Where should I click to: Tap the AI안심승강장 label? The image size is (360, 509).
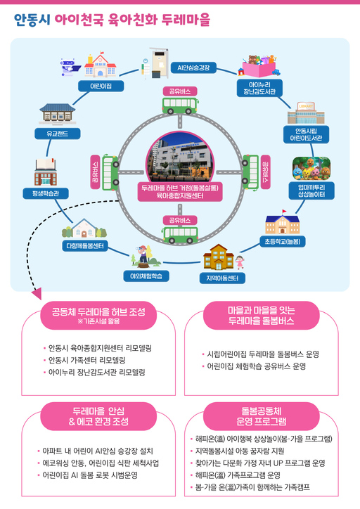pyautogui.click(x=193, y=67)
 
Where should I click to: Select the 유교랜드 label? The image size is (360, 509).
pyautogui.click(x=52, y=133)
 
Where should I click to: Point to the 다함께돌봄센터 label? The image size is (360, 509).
pyautogui.click(x=84, y=246)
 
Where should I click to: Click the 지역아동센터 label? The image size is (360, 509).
pyautogui.click(x=221, y=278)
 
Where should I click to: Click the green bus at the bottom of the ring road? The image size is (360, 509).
pyautogui.click(x=180, y=234)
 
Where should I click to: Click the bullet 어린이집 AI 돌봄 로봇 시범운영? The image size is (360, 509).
pyautogui.click(x=92, y=475)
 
